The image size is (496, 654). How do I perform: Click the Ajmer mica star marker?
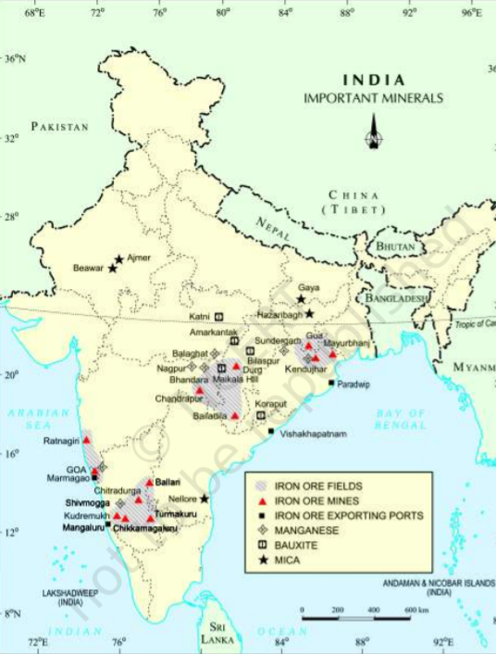[119, 261]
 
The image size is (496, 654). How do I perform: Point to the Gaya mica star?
[301, 299]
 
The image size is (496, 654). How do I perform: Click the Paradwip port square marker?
[331, 383]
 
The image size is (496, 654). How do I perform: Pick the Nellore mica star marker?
[204, 498]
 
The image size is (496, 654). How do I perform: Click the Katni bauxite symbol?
[219, 317]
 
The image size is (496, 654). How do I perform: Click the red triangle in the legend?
[263, 500]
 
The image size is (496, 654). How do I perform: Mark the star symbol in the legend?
[263, 560]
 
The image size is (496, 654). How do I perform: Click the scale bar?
[355, 617]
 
